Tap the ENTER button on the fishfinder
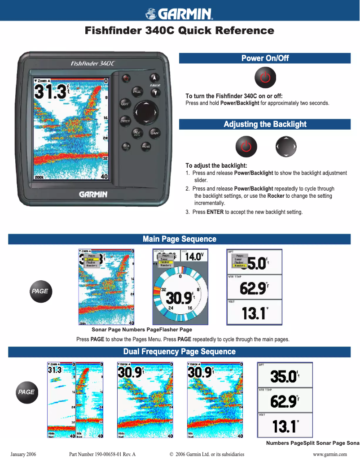click(x=125, y=121)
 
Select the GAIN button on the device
click(x=155, y=133)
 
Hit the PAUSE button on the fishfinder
click(x=146, y=146)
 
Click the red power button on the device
click(x=126, y=78)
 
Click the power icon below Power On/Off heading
click(x=265, y=78)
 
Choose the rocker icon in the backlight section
click(x=286, y=146)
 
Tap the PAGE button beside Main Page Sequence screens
click(x=40, y=291)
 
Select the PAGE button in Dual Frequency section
click(x=26, y=392)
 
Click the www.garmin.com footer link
click(x=330, y=454)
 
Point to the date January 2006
click(x=23, y=454)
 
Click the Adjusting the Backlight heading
click(x=265, y=124)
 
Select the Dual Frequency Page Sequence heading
click(x=180, y=352)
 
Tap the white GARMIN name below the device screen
click(x=93, y=194)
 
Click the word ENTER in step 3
click(x=215, y=212)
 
